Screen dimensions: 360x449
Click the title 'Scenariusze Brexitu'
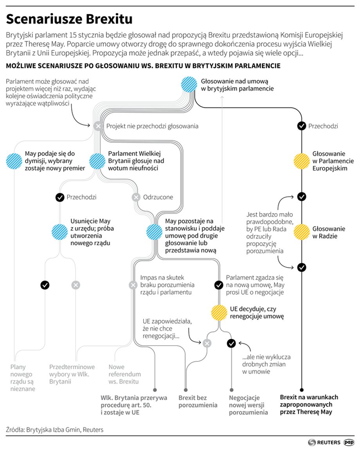click(69, 19)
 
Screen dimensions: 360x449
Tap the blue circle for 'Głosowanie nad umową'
click(189, 84)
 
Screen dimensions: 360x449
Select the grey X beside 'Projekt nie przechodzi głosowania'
click(98, 126)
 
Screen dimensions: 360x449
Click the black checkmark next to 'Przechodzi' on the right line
click(302, 126)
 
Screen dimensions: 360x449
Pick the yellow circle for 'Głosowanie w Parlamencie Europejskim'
click(302, 161)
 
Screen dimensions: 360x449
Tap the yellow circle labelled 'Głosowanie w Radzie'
click(302, 232)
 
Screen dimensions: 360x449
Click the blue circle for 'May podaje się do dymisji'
click(14, 161)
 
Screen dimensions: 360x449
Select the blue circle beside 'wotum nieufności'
click(97, 161)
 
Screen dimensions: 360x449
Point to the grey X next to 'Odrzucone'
click(136, 197)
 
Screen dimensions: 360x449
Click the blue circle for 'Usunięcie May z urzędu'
click(60, 232)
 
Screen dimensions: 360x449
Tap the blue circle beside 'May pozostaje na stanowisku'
click(154, 232)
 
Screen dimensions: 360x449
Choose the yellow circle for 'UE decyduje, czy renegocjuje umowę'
click(219, 313)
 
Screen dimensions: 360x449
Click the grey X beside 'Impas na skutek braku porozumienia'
click(133, 285)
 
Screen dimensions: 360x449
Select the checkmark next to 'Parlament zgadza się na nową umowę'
click(219, 285)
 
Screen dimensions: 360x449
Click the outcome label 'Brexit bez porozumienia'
click(198, 401)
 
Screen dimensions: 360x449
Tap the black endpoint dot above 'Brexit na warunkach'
click(302, 390)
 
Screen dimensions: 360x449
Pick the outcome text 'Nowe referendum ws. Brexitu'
click(124, 374)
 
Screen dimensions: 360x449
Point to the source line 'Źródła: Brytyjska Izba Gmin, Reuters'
click(55, 429)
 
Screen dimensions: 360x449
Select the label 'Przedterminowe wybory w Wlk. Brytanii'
click(72, 374)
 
